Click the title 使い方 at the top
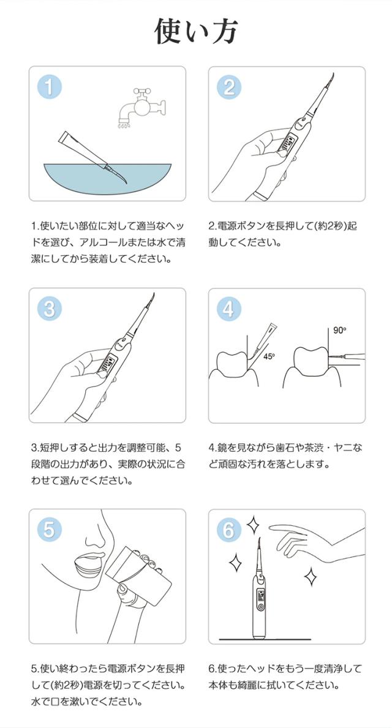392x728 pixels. pyautogui.click(x=195, y=32)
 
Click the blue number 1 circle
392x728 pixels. pyautogui.click(x=49, y=86)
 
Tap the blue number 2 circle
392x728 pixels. pyautogui.click(x=228, y=86)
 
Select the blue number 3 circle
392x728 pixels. pyautogui.click(x=49, y=309)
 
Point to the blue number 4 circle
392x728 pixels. pyautogui.click(x=228, y=309)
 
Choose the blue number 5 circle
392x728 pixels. pyautogui.click(x=49, y=529)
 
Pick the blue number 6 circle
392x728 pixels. pyautogui.click(x=228, y=529)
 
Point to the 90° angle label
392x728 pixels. pyautogui.click(x=339, y=331)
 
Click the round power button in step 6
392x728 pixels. pyautogui.click(x=260, y=607)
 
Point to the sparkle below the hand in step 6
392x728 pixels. pyautogui.click(x=311, y=576)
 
